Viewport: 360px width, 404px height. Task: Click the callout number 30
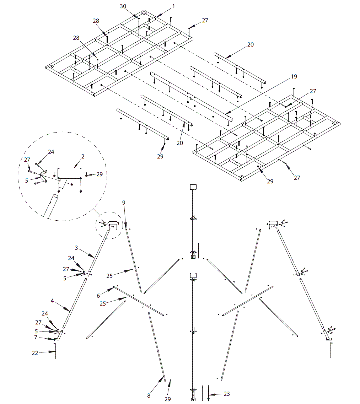point(123,6)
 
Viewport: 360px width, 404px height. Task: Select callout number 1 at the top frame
point(174,6)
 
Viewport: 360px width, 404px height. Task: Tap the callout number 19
point(294,77)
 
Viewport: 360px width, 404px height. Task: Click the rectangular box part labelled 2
point(70,173)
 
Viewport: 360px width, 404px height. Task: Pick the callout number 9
point(124,203)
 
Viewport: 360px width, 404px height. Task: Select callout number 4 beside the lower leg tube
point(52,301)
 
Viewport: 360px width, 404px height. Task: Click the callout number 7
point(36,337)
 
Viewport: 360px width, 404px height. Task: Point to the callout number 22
point(35,352)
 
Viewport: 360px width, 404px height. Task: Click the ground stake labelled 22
point(56,352)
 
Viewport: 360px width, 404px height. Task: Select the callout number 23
point(227,394)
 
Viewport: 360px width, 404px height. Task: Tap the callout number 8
point(149,395)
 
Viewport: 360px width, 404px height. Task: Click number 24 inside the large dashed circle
point(51,152)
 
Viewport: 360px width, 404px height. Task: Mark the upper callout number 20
point(251,45)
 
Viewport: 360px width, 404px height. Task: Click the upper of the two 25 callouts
point(109,275)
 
